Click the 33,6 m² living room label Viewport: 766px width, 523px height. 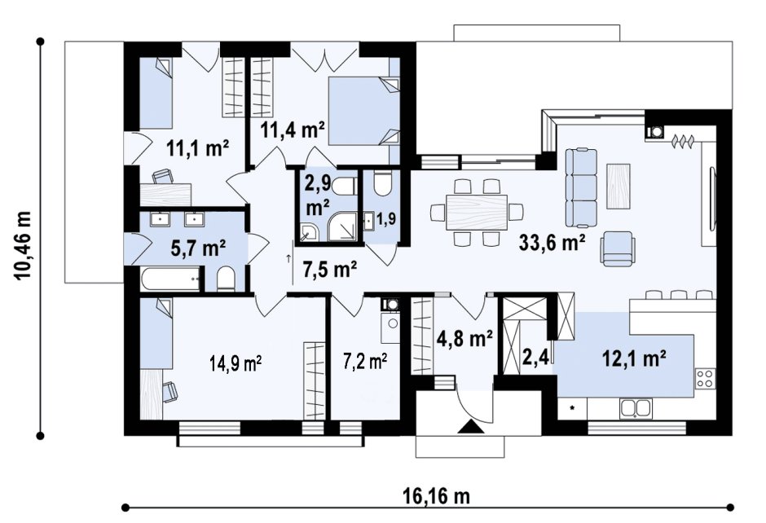point(552,242)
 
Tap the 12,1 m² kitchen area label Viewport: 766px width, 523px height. point(634,359)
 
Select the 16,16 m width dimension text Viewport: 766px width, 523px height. point(436,496)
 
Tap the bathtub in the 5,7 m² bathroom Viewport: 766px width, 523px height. point(170,279)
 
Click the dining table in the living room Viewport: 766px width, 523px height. point(477,212)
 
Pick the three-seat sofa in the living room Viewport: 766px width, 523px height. point(581,188)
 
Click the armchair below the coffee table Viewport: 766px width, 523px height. point(618,248)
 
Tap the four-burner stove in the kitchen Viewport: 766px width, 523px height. point(706,379)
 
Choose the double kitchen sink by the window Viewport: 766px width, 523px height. point(636,408)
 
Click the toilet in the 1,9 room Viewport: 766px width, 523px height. point(382,183)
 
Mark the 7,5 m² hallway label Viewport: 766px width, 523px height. point(330,269)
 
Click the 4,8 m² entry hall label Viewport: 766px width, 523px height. point(464,338)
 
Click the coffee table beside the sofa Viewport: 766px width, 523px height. point(618,186)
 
